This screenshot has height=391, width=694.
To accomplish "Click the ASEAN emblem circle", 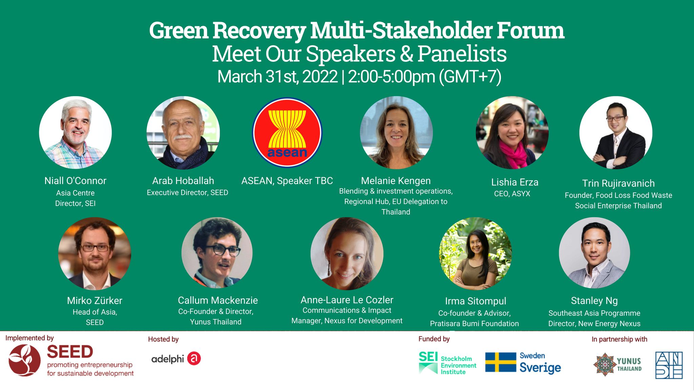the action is tap(287, 132).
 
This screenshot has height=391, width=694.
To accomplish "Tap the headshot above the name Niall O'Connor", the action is tap(75, 132).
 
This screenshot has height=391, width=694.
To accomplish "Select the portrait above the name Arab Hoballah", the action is tap(183, 132).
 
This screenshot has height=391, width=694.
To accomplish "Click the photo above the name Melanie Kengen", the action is tap(396, 132).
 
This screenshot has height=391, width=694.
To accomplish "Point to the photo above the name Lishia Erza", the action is tap(512, 132).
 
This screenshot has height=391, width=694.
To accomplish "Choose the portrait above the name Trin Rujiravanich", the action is tap(616, 132).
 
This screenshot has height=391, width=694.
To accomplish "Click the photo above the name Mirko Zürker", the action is tap(95, 254).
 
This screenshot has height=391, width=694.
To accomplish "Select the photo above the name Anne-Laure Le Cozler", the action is tap(347, 254).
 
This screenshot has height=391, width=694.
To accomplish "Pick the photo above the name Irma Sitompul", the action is tap(475, 254).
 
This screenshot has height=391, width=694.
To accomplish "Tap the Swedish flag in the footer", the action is tap(501, 362).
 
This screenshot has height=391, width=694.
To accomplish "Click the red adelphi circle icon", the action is tap(194, 358).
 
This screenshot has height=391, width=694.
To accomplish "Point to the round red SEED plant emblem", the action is tap(24, 360).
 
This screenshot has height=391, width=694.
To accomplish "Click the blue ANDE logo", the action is tap(669, 365).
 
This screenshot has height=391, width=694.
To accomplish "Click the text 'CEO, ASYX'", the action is tap(512, 194).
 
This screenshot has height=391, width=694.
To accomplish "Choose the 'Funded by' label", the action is tap(434, 339).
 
